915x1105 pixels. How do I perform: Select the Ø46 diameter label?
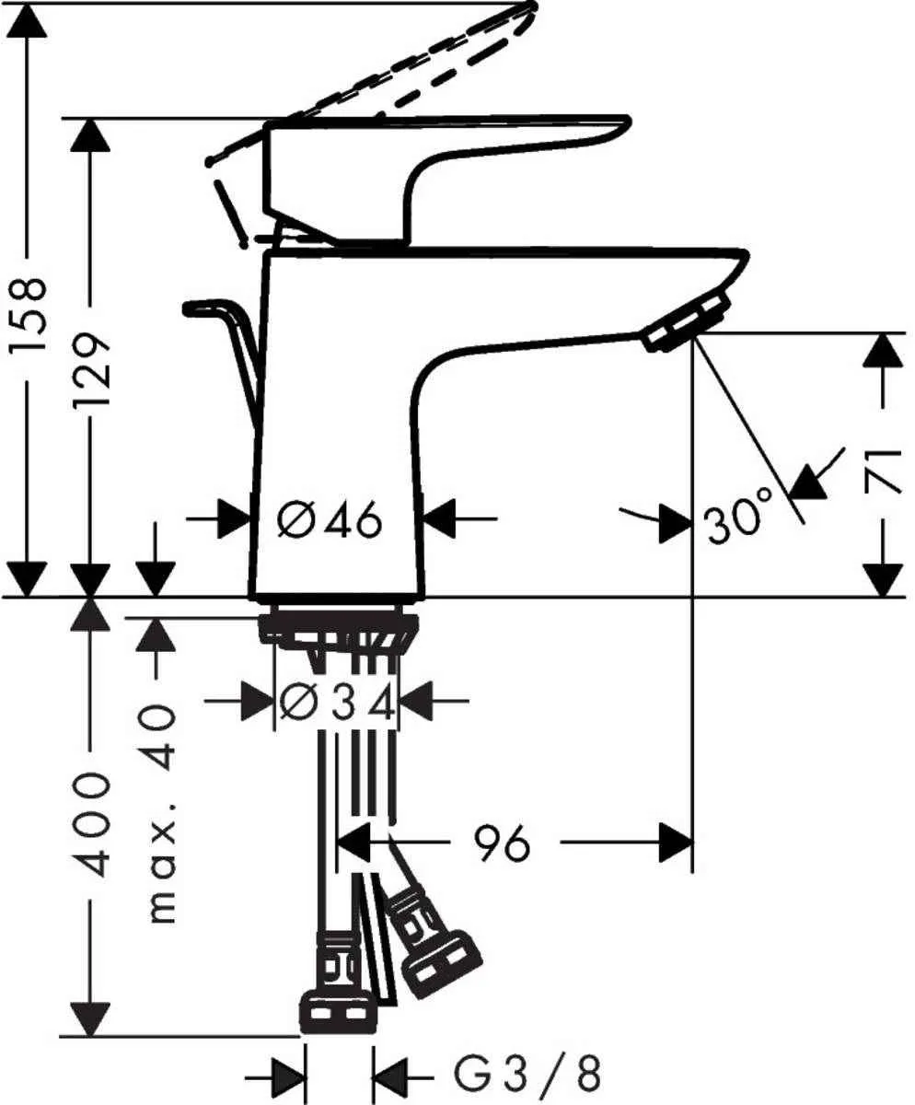click(x=329, y=522)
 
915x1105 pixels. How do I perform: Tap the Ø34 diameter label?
click(x=337, y=704)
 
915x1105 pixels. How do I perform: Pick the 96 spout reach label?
click(x=503, y=843)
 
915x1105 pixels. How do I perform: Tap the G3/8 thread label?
click(x=527, y=1074)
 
